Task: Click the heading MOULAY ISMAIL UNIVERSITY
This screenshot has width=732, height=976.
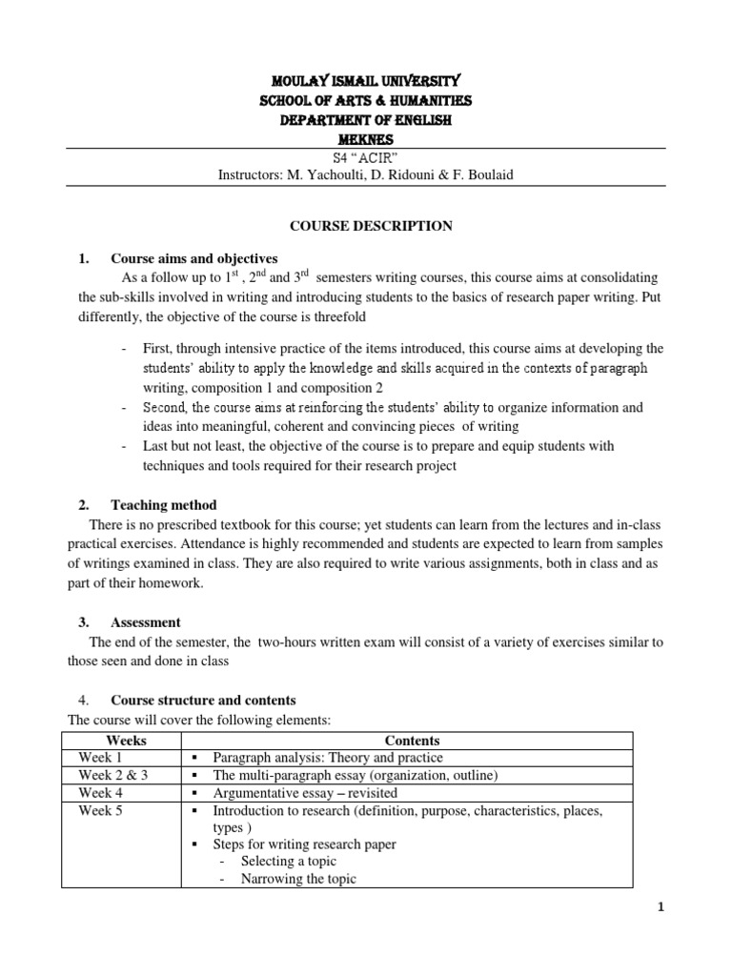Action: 367,81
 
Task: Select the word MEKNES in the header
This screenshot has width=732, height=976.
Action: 367,140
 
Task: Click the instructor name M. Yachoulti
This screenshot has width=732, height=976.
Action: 322,175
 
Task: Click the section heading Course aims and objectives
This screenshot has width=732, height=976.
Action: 193,258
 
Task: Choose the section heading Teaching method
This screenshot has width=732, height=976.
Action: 164,505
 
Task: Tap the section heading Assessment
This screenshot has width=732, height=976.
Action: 146,622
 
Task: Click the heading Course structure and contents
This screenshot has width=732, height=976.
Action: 203,701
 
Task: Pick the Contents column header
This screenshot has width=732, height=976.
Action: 412,741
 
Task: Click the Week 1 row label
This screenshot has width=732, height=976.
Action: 101,758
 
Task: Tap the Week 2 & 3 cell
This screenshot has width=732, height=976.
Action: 113,775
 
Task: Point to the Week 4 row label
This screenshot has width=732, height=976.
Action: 101,792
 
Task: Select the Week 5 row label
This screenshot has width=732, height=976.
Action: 101,810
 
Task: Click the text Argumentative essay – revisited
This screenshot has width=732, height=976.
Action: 305,792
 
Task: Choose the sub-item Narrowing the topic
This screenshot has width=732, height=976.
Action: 298,879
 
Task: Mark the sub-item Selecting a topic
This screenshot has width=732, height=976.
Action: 289,862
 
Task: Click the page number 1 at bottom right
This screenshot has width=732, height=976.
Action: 660,908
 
